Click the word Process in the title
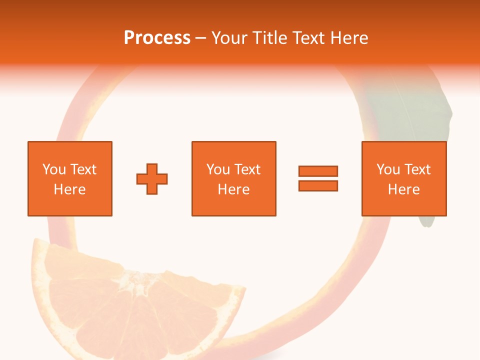point(157,38)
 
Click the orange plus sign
point(152,178)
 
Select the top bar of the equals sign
point(318,171)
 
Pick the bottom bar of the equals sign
point(318,185)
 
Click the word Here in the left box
point(70,189)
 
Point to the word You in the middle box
point(218,169)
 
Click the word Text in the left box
point(83,169)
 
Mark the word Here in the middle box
point(233,189)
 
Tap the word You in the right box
point(388,169)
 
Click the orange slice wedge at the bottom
point(135,310)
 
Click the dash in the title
point(201,38)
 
